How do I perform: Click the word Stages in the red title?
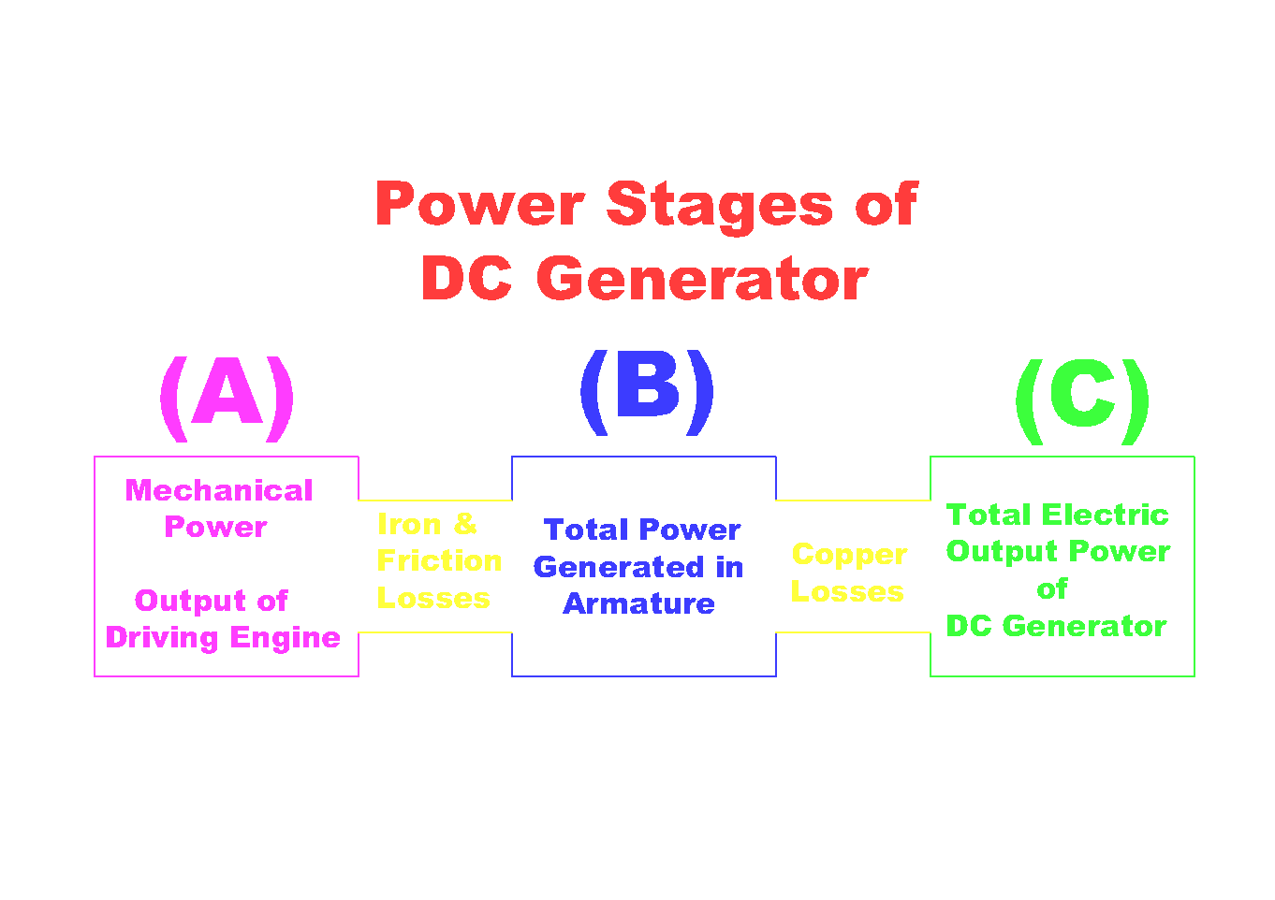719,205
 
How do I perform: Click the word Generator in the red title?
701,279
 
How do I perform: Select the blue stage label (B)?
647,390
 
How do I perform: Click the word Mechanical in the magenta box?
219,490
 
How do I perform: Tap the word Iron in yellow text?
409,524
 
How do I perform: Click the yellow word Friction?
439,560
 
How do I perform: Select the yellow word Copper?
849,555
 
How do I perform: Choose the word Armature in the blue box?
639,603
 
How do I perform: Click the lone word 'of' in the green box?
1052,588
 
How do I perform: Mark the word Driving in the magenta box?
162,637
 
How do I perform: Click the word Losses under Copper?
847,592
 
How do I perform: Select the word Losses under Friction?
433,598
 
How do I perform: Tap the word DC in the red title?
466,279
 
